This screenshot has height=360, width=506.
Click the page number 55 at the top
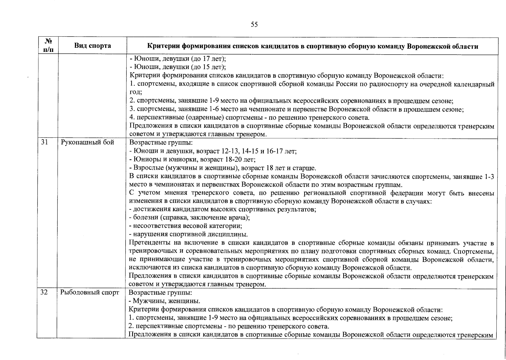(254, 25)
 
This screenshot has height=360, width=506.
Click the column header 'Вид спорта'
(93, 46)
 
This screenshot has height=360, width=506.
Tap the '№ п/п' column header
(47, 46)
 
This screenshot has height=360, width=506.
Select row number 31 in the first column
(45, 142)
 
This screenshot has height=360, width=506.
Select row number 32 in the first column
(44, 292)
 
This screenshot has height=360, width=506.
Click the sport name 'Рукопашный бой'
(87, 142)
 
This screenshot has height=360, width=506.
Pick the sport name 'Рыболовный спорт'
(90, 292)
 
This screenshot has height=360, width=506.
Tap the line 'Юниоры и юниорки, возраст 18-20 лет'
(192, 159)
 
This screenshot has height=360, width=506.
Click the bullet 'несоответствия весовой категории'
(185, 226)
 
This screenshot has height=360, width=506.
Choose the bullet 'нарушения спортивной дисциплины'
(188, 234)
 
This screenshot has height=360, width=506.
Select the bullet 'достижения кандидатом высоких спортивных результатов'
(222, 209)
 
